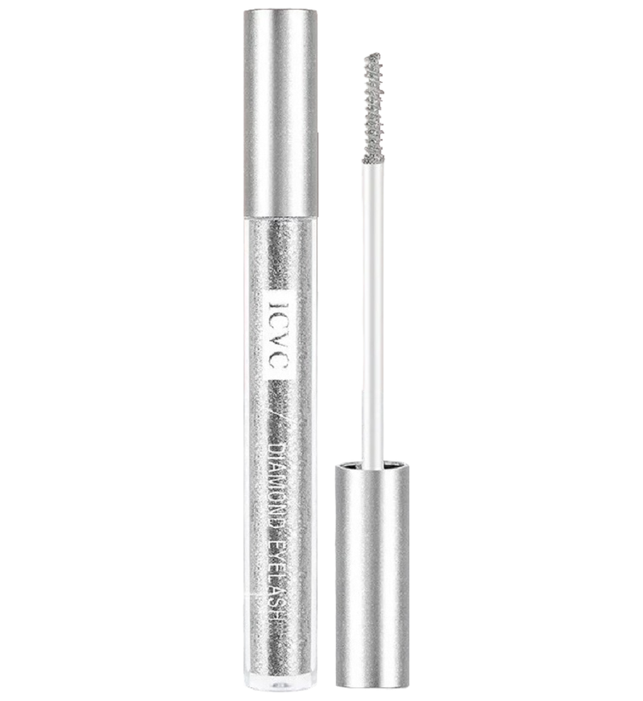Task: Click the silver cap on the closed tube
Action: pyautogui.click(x=281, y=112)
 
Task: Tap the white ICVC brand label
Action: pyautogui.click(x=279, y=335)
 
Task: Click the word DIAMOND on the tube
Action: pyautogui.click(x=281, y=483)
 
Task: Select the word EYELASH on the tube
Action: pyautogui.click(x=281, y=576)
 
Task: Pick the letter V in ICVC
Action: pyautogui.click(x=279, y=342)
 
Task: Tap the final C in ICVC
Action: pyautogui.click(x=279, y=363)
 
